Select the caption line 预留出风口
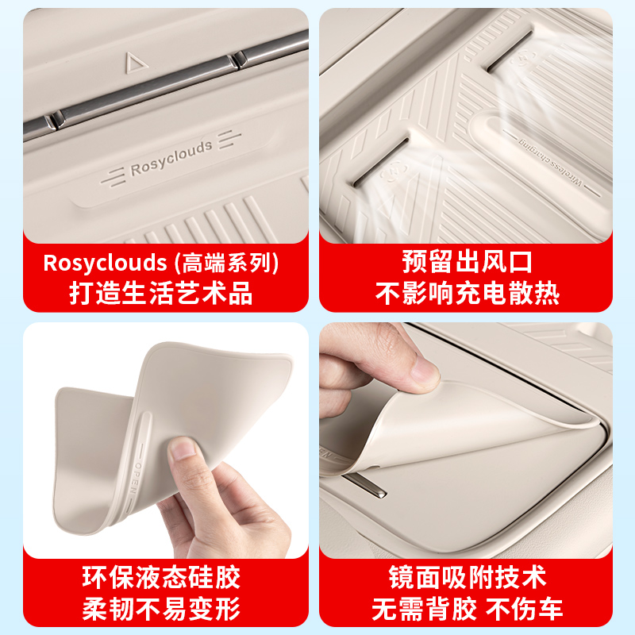coord(466,263)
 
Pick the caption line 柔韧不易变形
coord(161,609)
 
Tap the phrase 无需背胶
coord(425,609)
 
